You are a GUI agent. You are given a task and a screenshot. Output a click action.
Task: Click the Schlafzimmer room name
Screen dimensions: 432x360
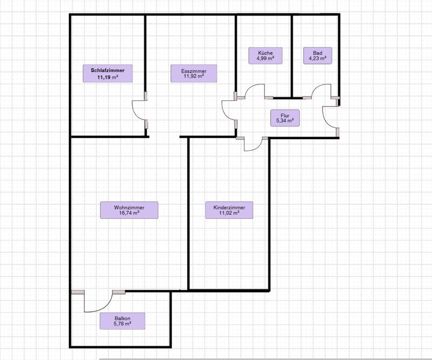click(108, 70)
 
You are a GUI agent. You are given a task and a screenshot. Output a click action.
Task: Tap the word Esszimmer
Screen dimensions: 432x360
click(193, 71)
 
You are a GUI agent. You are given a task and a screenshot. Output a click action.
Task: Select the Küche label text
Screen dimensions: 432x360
click(265, 53)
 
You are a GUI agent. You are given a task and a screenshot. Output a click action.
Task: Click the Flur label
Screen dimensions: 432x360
click(285, 115)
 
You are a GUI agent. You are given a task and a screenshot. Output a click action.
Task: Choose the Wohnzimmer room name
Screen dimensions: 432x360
click(129, 207)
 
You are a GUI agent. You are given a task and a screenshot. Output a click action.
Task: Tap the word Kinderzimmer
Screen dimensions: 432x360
click(229, 207)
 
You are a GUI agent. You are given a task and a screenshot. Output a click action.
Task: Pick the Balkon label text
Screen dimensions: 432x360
click(122, 318)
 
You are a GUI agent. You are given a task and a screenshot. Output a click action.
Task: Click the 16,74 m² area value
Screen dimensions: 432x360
click(129, 213)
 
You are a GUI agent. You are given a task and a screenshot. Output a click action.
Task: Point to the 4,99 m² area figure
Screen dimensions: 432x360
click(265, 58)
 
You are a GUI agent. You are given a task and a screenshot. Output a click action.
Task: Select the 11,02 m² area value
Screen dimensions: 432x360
click(229, 213)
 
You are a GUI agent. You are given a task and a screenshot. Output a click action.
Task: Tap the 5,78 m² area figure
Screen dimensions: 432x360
click(122, 324)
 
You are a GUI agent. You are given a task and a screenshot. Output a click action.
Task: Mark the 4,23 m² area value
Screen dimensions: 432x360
click(317, 58)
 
